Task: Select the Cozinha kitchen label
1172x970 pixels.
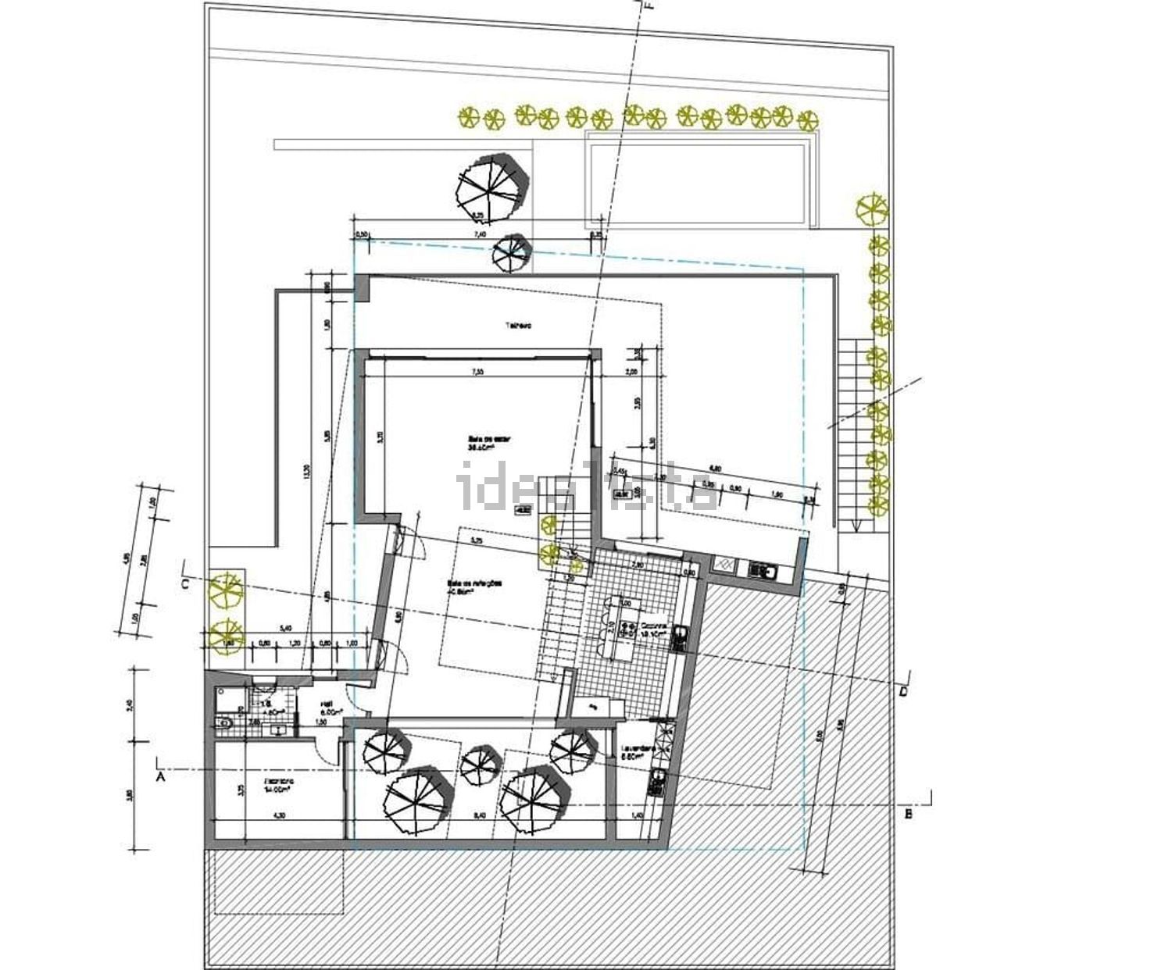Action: pyautogui.click(x=653, y=629)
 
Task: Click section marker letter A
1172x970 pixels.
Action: pyautogui.click(x=161, y=777)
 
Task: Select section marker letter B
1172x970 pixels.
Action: pyautogui.click(x=908, y=815)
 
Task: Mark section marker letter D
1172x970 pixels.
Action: pyautogui.click(x=903, y=692)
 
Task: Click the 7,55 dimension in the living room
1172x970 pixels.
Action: pyautogui.click(x=477, y=372)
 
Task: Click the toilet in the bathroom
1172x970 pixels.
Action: pyautogui.click(x=226, y=722)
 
